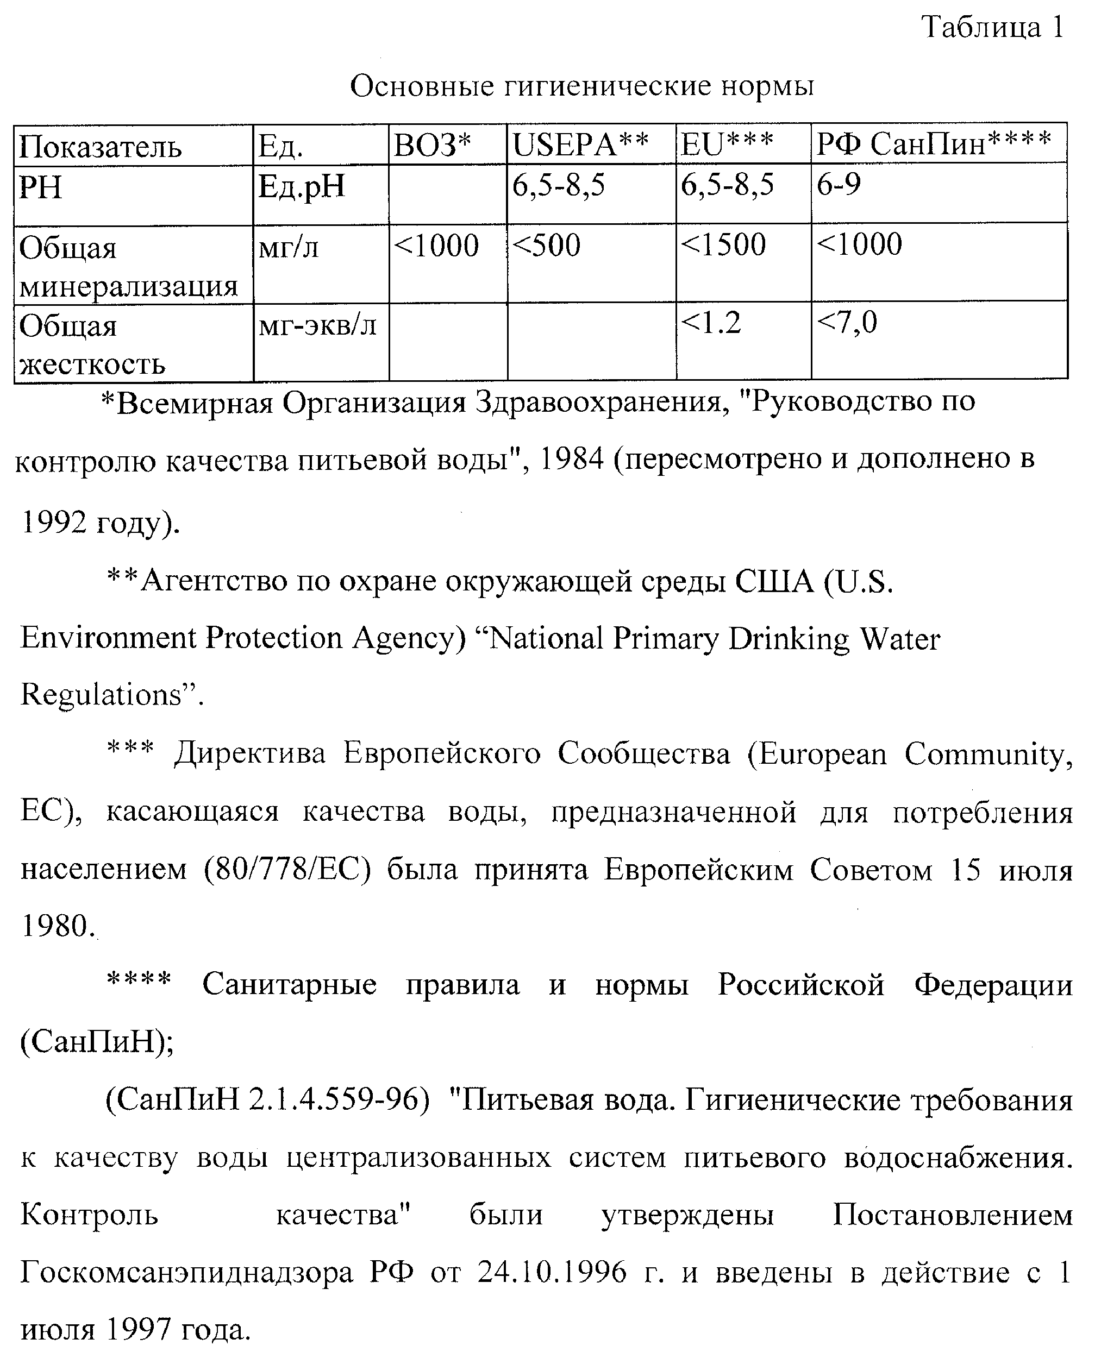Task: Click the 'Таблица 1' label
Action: [992, 27]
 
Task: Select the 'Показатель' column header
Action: [100, 147]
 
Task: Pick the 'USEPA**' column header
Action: [580, 146]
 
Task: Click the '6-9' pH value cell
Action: [839, 185]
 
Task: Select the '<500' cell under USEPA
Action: [546, 246]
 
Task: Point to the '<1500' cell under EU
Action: [723, 245]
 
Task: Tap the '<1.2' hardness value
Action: [711, 323]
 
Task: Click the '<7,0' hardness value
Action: [847, 323]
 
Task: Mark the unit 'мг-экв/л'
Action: [317, 326]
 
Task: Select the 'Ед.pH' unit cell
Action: [301, 187]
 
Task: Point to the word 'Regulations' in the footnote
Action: [102, 695]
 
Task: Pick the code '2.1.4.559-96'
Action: [334, 1101]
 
